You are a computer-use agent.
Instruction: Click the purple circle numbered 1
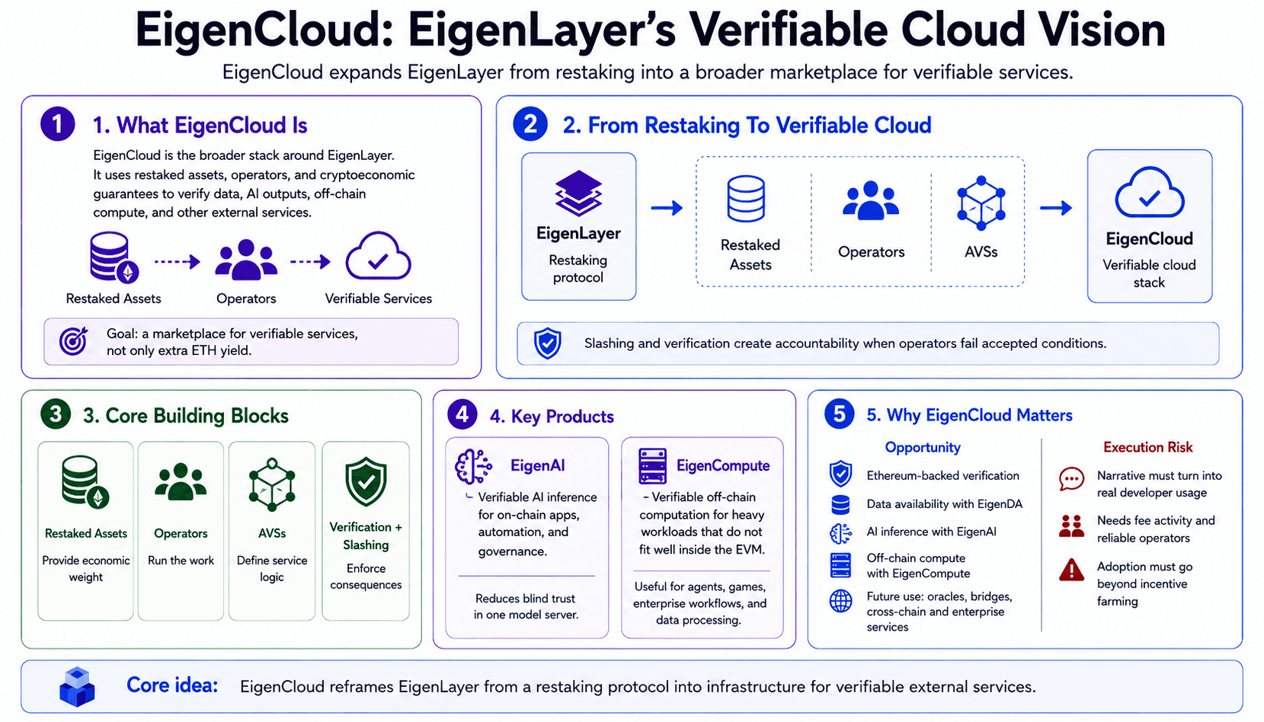(58, 124)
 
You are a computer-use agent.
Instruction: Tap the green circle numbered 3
(56, 414)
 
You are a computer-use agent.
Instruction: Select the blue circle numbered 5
(839, 414)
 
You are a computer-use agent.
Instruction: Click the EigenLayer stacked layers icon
(578, 193)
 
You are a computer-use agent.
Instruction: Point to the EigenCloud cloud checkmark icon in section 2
(1150, 193)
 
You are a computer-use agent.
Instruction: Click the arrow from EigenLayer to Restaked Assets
(667, 208)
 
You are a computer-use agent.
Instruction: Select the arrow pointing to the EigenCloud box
(1056, 208)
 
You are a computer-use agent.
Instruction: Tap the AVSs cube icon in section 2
(981, 203)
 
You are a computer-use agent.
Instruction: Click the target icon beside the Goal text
(74, 340)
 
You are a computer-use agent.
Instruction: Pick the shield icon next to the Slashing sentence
(547, 343)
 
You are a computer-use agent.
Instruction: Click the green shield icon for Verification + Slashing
(366, 481)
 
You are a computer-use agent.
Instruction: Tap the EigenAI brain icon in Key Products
(473, 466)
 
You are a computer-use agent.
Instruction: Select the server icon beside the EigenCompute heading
(652, 466)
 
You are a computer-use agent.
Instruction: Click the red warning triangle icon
(1071, 570)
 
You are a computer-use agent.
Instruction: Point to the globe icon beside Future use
(840, 601)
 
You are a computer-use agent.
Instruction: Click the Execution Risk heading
(1147, 447)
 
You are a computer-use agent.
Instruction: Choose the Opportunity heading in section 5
(923, 447)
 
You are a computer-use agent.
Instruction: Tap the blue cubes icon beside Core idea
(77, 686)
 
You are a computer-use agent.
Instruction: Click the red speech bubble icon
(1071, 480)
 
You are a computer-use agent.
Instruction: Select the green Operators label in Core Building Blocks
(181, 534)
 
